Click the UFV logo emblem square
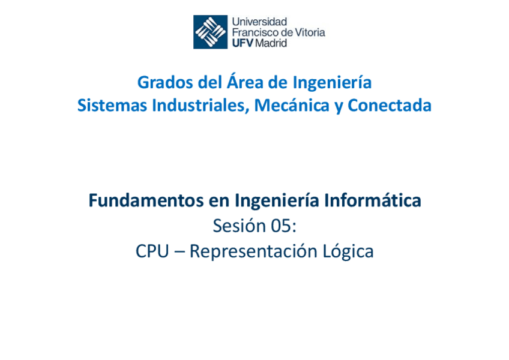[210, 32]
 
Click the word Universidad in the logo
[259, 22]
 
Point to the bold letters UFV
[242, 43]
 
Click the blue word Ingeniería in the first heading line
[332, 82]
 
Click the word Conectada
[390, 106]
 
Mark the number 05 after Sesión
[283, 226]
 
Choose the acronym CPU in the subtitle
[152, 251]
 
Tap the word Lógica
[348, 252]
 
